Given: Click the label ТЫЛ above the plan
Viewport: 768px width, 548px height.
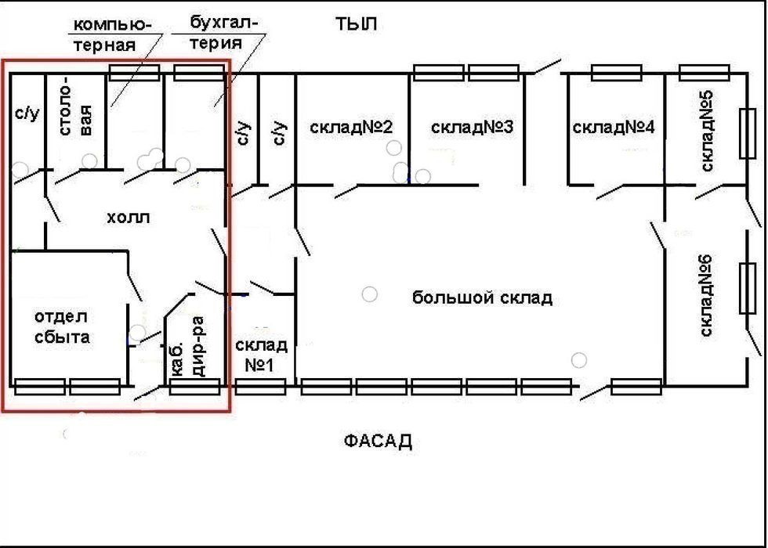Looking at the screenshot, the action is [x=356, y=23].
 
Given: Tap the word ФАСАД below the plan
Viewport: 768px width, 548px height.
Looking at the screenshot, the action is [x=378, y=442].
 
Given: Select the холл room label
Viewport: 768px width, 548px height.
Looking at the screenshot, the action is [x=129, y=218].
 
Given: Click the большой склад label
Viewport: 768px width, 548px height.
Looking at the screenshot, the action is [x=482, y=297].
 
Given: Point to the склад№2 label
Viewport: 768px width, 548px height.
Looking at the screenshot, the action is [x=351, y=127].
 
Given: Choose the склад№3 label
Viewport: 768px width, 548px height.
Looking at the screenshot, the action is [x=472, y=127].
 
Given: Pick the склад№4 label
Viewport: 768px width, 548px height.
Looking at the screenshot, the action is [x=613, y=128].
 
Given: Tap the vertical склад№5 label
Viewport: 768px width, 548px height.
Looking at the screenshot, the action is [x=706, y=131].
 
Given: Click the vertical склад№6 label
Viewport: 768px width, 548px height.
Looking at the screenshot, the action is [x=706, y=296].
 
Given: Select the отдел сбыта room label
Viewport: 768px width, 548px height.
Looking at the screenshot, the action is [x=62, y=327].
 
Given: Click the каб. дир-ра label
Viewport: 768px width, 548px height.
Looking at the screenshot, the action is [x=187, y=346].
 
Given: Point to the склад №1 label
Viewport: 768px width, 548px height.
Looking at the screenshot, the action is [x=260, y=355].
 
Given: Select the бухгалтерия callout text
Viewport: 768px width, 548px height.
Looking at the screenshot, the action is [x=223, y=32].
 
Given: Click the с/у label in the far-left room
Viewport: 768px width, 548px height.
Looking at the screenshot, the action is [x=27, y=114].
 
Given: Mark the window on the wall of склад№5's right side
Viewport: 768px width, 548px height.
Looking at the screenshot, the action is [x=747, y=133].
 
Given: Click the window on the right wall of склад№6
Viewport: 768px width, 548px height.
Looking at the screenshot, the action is [x=747, y=288].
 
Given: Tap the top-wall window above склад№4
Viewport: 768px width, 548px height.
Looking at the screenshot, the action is [x=617, y=72].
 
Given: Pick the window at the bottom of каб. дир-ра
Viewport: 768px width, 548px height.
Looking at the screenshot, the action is [x=194, y=387].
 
